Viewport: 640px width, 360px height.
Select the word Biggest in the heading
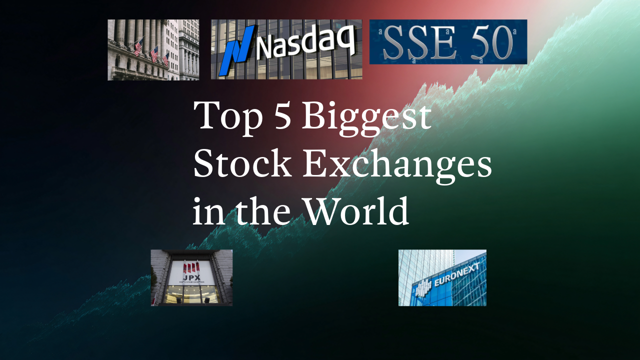click(x=366, y=117)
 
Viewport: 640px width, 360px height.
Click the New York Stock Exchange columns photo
click(x=153, y=50)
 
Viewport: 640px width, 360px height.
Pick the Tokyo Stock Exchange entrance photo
click(x=191, y=277)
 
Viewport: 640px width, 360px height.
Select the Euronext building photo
click(x=442, y=277)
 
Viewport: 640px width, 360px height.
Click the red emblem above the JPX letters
click(x=191, y=265)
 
